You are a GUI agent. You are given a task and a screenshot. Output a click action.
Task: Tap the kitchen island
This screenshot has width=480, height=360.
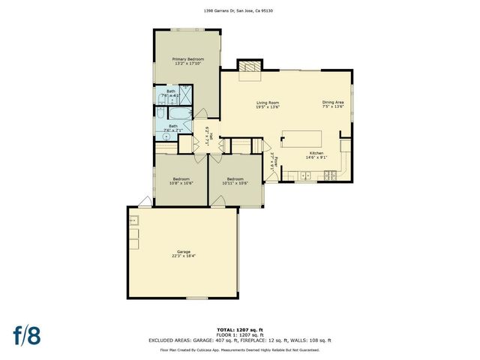[x=301, y=139]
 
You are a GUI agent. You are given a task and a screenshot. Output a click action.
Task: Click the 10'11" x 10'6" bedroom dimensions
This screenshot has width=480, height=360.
[x=235, y=183]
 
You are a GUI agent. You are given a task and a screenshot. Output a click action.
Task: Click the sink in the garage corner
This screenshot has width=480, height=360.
[x=133, y=220]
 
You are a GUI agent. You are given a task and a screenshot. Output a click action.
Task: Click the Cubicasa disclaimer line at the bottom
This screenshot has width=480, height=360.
[x=240, y=349]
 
